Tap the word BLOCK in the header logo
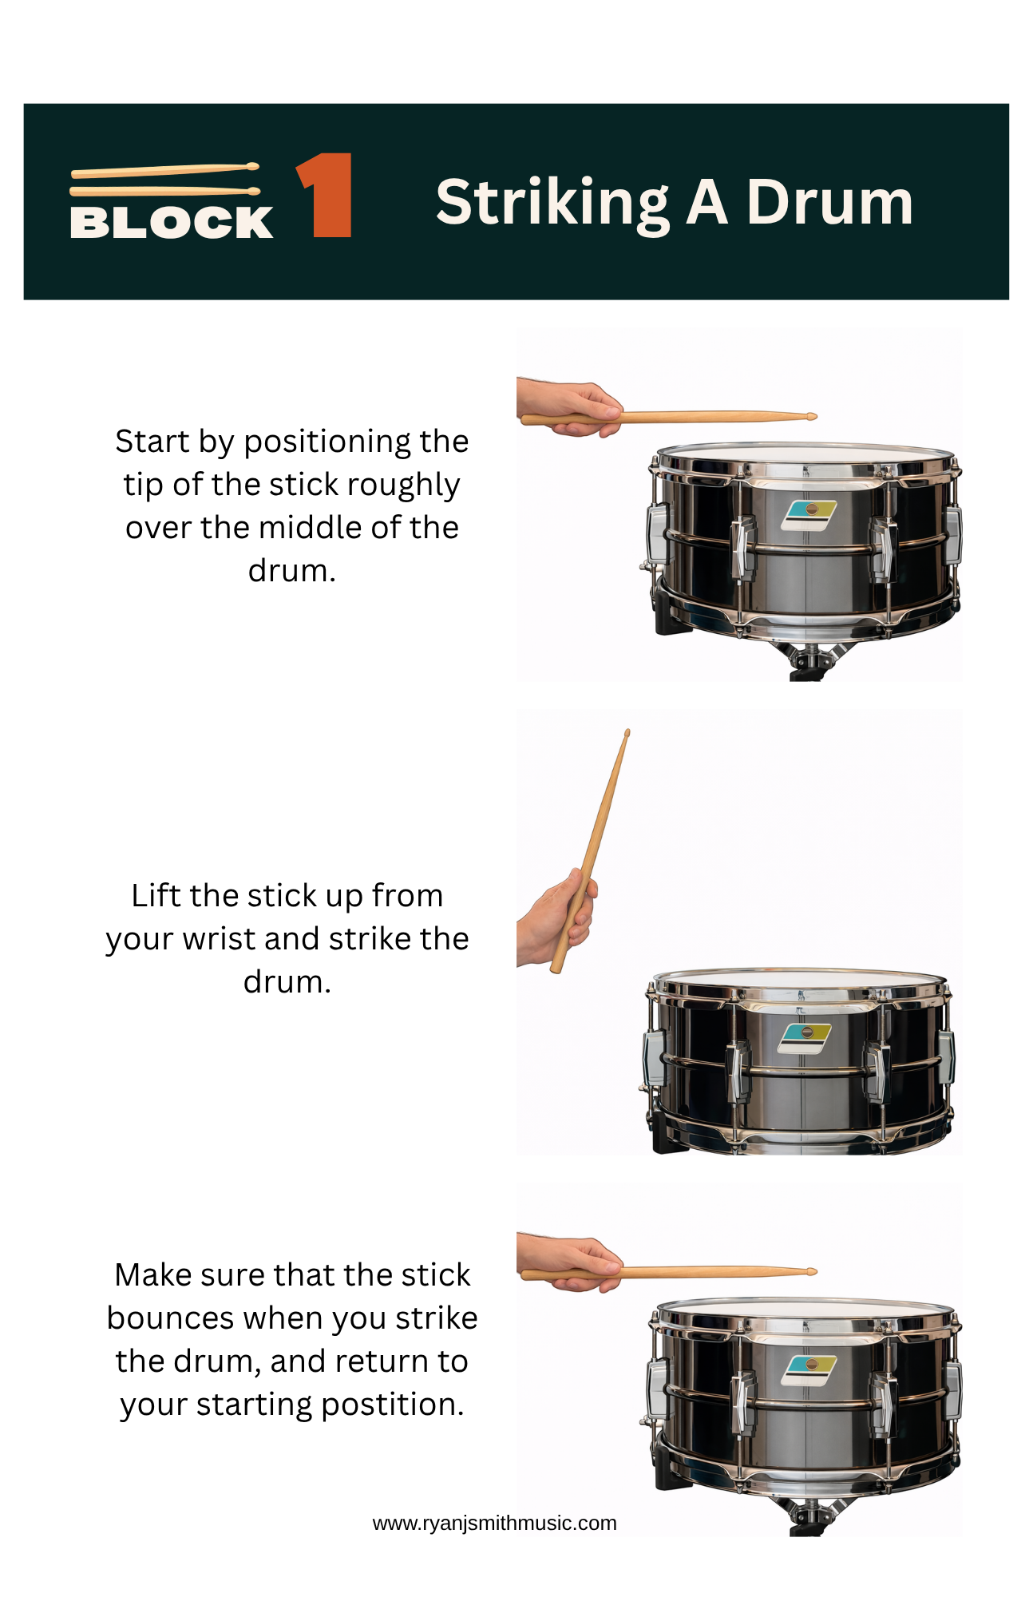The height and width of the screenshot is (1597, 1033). point(172,222)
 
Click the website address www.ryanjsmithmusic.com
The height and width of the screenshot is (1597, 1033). point(494,1523)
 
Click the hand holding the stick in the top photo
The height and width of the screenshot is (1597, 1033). point(571,407)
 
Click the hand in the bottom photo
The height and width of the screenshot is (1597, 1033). point(571,1262)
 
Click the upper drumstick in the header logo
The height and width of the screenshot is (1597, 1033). point(165,170)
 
